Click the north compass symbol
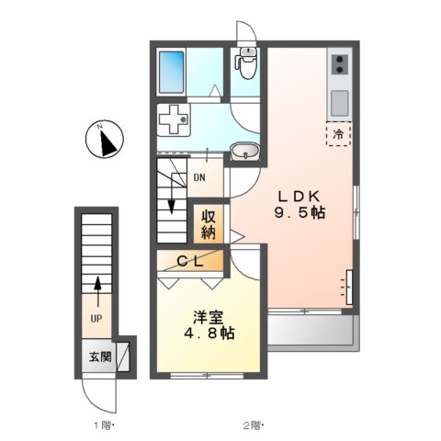tap(107, 141)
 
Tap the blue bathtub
tap(172, 72)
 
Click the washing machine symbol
tap(172, 119)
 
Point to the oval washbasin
tap(242, 153)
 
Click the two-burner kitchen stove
tap(337, 65)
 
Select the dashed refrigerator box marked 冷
tap(337, 134)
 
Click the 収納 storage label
tap(208, 226)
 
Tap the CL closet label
tap(191, 262)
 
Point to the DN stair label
tap(199, 179)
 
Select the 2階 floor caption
tap(252, 425)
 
